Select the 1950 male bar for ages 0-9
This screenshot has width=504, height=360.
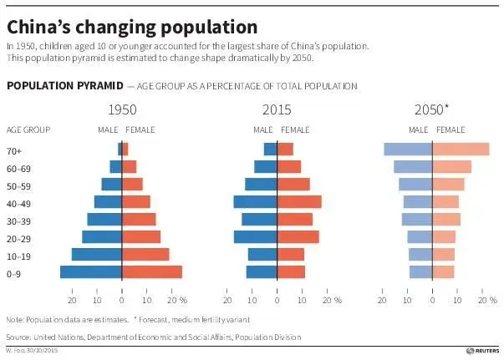point(91,271)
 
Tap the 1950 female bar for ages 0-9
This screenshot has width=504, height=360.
point(152,271)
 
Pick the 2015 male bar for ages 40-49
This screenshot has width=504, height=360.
point(256,201)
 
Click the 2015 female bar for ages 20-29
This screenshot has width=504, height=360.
point(298,236)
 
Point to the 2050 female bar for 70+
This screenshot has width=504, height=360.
point(461,149)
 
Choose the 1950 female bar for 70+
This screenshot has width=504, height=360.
point(125,149)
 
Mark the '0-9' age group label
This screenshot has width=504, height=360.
point(14,272)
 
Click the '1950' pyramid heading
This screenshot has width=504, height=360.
point(122,109)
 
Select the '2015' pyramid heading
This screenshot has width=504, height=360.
point(277,109)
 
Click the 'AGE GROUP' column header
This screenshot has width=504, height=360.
point(28,129)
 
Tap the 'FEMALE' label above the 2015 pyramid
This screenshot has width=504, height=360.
point(295,129)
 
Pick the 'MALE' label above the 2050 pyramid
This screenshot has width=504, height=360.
point(418,129)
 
